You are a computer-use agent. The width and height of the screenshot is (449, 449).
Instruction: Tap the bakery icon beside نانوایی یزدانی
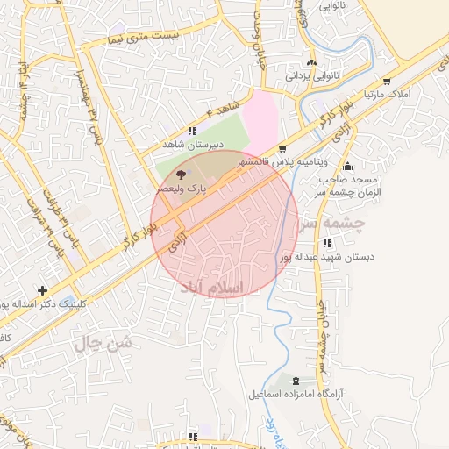(311, 63)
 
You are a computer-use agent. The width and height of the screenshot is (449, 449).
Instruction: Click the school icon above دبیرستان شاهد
(193, 131)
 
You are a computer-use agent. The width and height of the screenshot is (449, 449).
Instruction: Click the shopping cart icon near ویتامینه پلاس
(282, 150)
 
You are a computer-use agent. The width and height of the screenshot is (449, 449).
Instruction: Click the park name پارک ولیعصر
(182, 188)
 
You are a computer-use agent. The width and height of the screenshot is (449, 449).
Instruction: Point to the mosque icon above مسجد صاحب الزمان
(348, 167)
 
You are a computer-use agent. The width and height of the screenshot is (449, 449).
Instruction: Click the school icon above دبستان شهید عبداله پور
(327, 243)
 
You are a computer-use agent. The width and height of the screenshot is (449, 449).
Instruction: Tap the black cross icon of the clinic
(42, 290)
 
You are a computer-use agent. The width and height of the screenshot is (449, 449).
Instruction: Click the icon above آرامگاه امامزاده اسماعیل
(296, 381)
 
